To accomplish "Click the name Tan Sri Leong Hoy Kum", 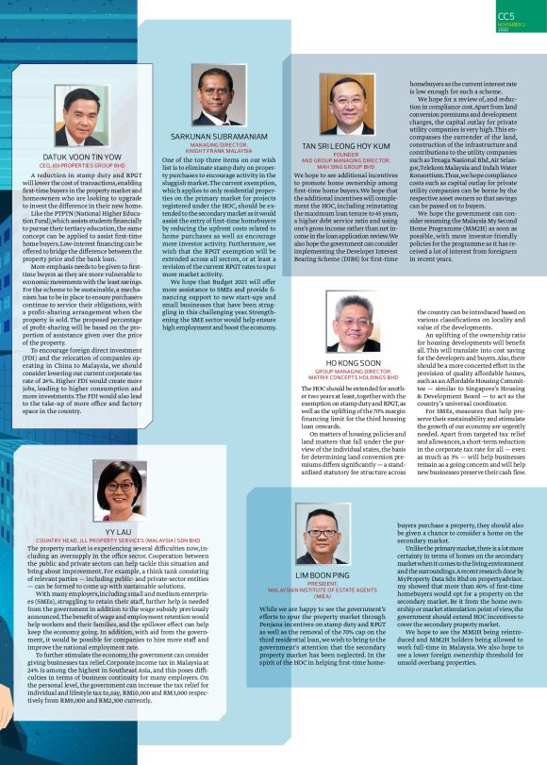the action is pyautogui.click(x=345, y=147).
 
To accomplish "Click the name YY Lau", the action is pyautogui.click(x=119, y=532).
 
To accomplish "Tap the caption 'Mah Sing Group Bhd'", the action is pyautogui.click(x=346, y=167).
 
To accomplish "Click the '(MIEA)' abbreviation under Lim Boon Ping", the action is pyautogui.click(x=323, y=597).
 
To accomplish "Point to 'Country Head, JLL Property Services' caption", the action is pyautogui.click(x=119, y=540).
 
